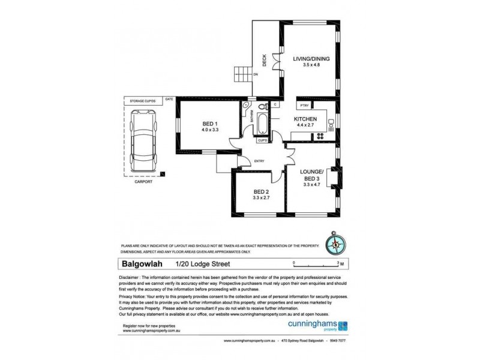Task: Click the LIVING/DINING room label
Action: [308, 58]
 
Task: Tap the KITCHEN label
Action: [305, 119]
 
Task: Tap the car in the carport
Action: [144, 142]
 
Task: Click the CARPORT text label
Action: [144, 182]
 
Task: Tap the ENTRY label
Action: [259, 160]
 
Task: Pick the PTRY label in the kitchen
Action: [304, 106]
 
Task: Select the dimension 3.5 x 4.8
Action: [308, 64]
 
